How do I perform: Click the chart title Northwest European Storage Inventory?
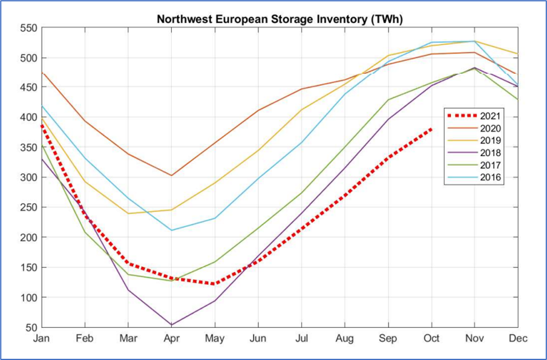pyautogui.click(x=280, y=19)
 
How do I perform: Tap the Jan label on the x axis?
pyautogui.click(x=41, y=339)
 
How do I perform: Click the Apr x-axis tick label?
pyautogui.click(x=171, y=339)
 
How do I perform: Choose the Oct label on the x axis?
pyautogui.click(x=431, y=339)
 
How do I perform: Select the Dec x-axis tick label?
pyautogui.click(x=518, y=339)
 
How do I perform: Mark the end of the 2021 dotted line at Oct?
pyautogui.click(x=431, y=128)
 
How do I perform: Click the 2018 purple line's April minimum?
pyautogui.click(x=171, y=325)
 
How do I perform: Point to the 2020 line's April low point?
pyautogui.click(x=171, y=175)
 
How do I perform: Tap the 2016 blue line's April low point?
pyautogui.click(x=171, y=230)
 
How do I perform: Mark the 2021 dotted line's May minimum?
pyautogui.click(x=215, y=284)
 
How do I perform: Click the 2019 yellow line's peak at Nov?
pyautogui.click(x=474, y=41)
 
